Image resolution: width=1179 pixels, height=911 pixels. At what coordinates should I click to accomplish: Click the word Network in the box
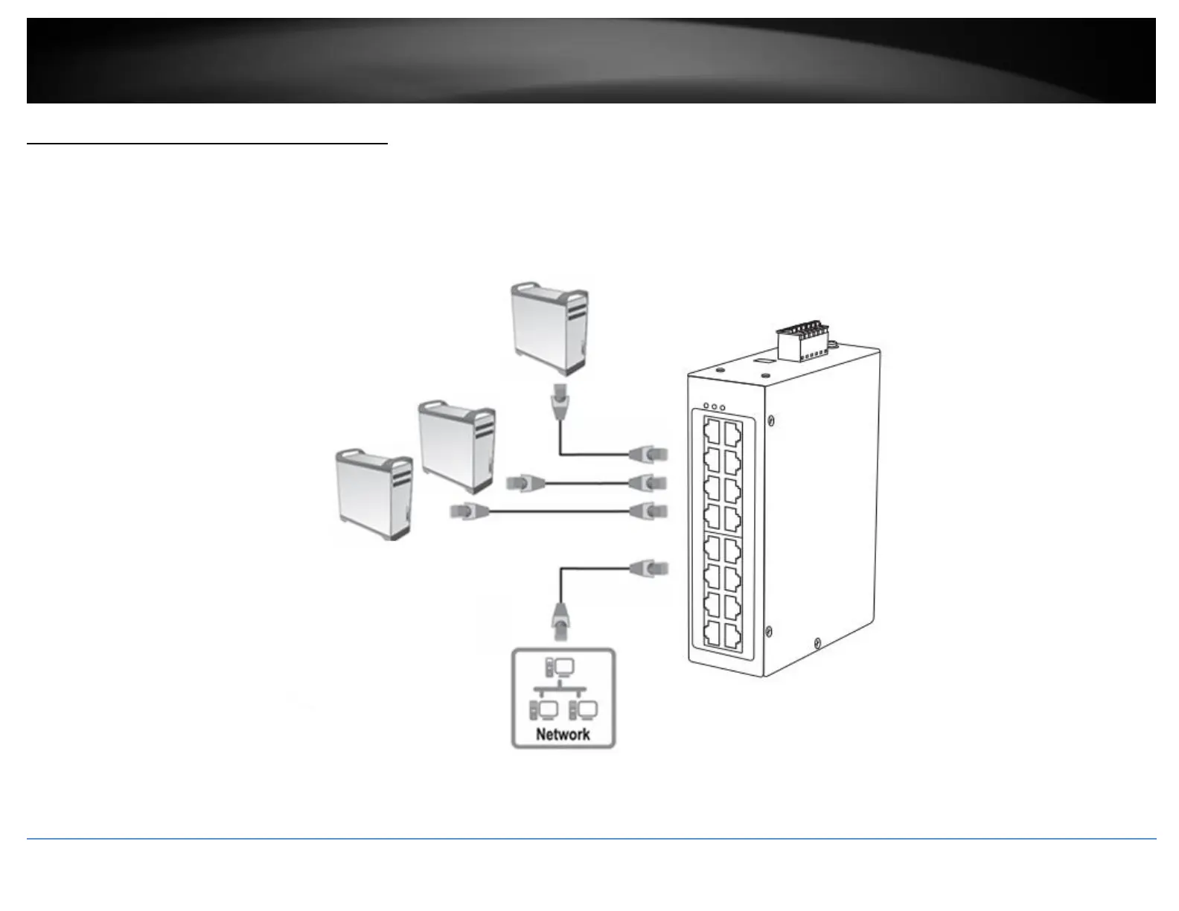[563, 735]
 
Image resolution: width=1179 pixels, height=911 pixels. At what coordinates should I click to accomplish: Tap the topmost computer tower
[549, 328]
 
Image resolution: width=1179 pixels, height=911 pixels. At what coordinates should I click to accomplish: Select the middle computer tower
[456, 447]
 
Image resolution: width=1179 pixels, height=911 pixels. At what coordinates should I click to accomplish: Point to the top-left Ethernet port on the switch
[712, 430]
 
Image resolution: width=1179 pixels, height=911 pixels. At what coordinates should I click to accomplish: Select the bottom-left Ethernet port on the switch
[712, 633]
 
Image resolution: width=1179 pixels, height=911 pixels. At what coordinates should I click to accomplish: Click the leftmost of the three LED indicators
[705, 407]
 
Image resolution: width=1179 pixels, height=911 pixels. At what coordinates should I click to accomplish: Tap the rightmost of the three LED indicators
[722, 407]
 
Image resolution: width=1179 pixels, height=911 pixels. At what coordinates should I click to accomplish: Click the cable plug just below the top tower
[558, 405]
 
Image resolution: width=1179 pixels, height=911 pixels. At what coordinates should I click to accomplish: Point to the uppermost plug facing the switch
[649, 453]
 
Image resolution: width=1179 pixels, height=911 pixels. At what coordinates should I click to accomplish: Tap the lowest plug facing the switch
[649, 569]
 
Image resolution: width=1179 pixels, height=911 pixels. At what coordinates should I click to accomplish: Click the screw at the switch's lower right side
[817, 642]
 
